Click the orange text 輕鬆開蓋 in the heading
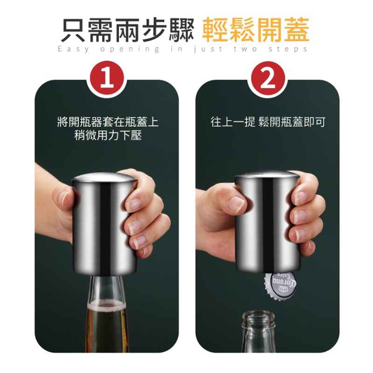[x=255, y=30]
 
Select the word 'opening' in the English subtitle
[x=130, y=49]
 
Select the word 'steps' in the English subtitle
[x=288, y=49]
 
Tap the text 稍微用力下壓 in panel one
[x=108, y=135]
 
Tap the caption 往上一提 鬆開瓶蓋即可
[x=268, y=122]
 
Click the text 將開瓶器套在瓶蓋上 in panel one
[x=108, y=122]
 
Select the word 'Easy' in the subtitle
[x=74, y=49]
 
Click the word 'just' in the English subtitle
[x=208, y=49]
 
